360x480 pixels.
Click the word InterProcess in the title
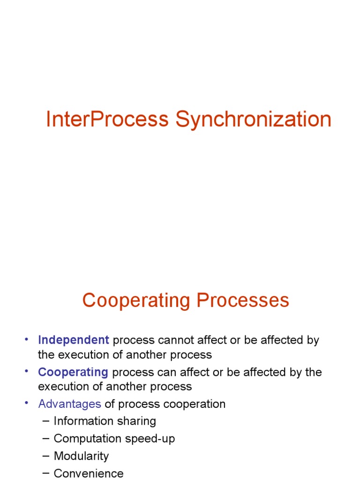tap(107, 120)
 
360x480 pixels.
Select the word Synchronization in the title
tap(254, 120)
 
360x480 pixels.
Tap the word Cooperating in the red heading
tap(136, 300)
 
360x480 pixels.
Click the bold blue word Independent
tap(74, 340)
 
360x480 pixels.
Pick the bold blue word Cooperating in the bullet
tap(73, 372)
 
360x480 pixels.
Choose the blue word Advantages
tap(69, 404)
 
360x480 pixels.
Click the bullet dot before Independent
tap(27, 339)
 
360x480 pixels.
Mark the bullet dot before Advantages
tap(27, 403)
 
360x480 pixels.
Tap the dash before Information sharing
tap(45, 420)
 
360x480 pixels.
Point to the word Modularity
tap(81, 456)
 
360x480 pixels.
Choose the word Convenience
tap(89, 473)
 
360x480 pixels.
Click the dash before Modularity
tap(45, 456)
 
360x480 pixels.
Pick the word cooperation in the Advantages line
tap(196, 404)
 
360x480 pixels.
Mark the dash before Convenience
tap(45, 473)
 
